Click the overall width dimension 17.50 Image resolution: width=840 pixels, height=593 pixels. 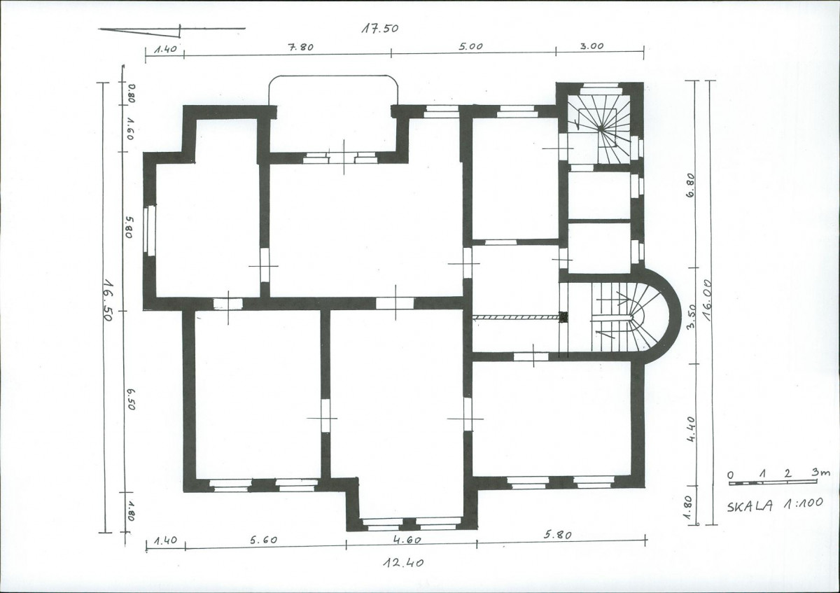[379, 29]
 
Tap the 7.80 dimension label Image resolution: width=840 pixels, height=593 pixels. [300, 48]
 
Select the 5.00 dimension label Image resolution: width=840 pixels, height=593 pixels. [470, 46]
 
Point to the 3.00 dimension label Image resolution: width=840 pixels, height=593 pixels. [591, 46]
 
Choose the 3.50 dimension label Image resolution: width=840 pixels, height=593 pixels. [691, 316]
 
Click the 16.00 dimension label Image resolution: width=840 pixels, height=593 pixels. [707, 300]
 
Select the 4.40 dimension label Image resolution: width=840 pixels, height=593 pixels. [692, 428]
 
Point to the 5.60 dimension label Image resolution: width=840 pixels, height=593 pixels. [264, 539]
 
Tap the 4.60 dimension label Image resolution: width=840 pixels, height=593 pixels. [407, 540]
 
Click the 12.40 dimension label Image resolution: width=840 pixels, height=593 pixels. [403, 563]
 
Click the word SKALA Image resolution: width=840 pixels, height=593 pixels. [750, 507]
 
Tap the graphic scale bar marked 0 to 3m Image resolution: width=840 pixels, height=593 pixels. [773, 483]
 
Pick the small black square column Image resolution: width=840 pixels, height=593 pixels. [563, 317]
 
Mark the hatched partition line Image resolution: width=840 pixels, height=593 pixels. [516, 318]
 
